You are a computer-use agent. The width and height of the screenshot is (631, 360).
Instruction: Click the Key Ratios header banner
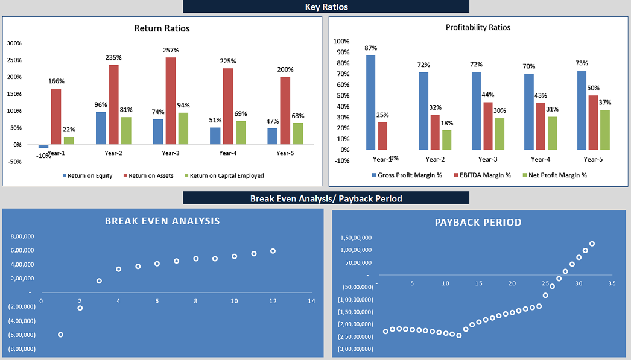click(x=326, y=7)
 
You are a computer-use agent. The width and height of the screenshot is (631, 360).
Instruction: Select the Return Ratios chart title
click(x=162, y=28)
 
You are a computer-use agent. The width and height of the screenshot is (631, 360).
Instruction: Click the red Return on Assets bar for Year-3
click(x=171, y=101)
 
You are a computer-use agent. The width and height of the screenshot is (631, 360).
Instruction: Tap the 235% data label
click(x=113, y=58)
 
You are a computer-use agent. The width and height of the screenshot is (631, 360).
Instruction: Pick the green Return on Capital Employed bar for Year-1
click(x=69, y=141)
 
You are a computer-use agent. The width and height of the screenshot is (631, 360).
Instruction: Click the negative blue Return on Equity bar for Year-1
click(x=43, y=147)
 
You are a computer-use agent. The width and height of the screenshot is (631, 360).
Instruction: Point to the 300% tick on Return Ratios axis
click(x=14, y=43)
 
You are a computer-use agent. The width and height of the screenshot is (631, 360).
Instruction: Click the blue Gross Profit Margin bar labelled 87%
click(x=370, y=102)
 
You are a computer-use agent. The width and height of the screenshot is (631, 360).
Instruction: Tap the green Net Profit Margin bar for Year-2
click(x=446, y=140)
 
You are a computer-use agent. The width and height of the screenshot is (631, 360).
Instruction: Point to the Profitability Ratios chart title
click(x=478, y=27)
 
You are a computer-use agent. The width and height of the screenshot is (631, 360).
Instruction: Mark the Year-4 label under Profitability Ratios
click(x=541, y=159)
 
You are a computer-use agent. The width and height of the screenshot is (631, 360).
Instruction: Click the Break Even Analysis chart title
click(x=162, y=221)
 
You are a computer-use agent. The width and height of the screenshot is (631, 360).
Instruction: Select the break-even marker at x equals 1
click(x=60, y=335)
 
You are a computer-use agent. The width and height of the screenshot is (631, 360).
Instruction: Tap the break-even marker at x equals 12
click(x=273, y=251)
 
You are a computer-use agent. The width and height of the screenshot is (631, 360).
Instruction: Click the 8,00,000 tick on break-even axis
click(x=22, y=236)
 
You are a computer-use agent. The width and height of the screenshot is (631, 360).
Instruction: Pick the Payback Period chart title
click(x=478, y=223)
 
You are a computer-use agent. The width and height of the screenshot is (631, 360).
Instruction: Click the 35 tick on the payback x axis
click(x=612, y=283)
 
